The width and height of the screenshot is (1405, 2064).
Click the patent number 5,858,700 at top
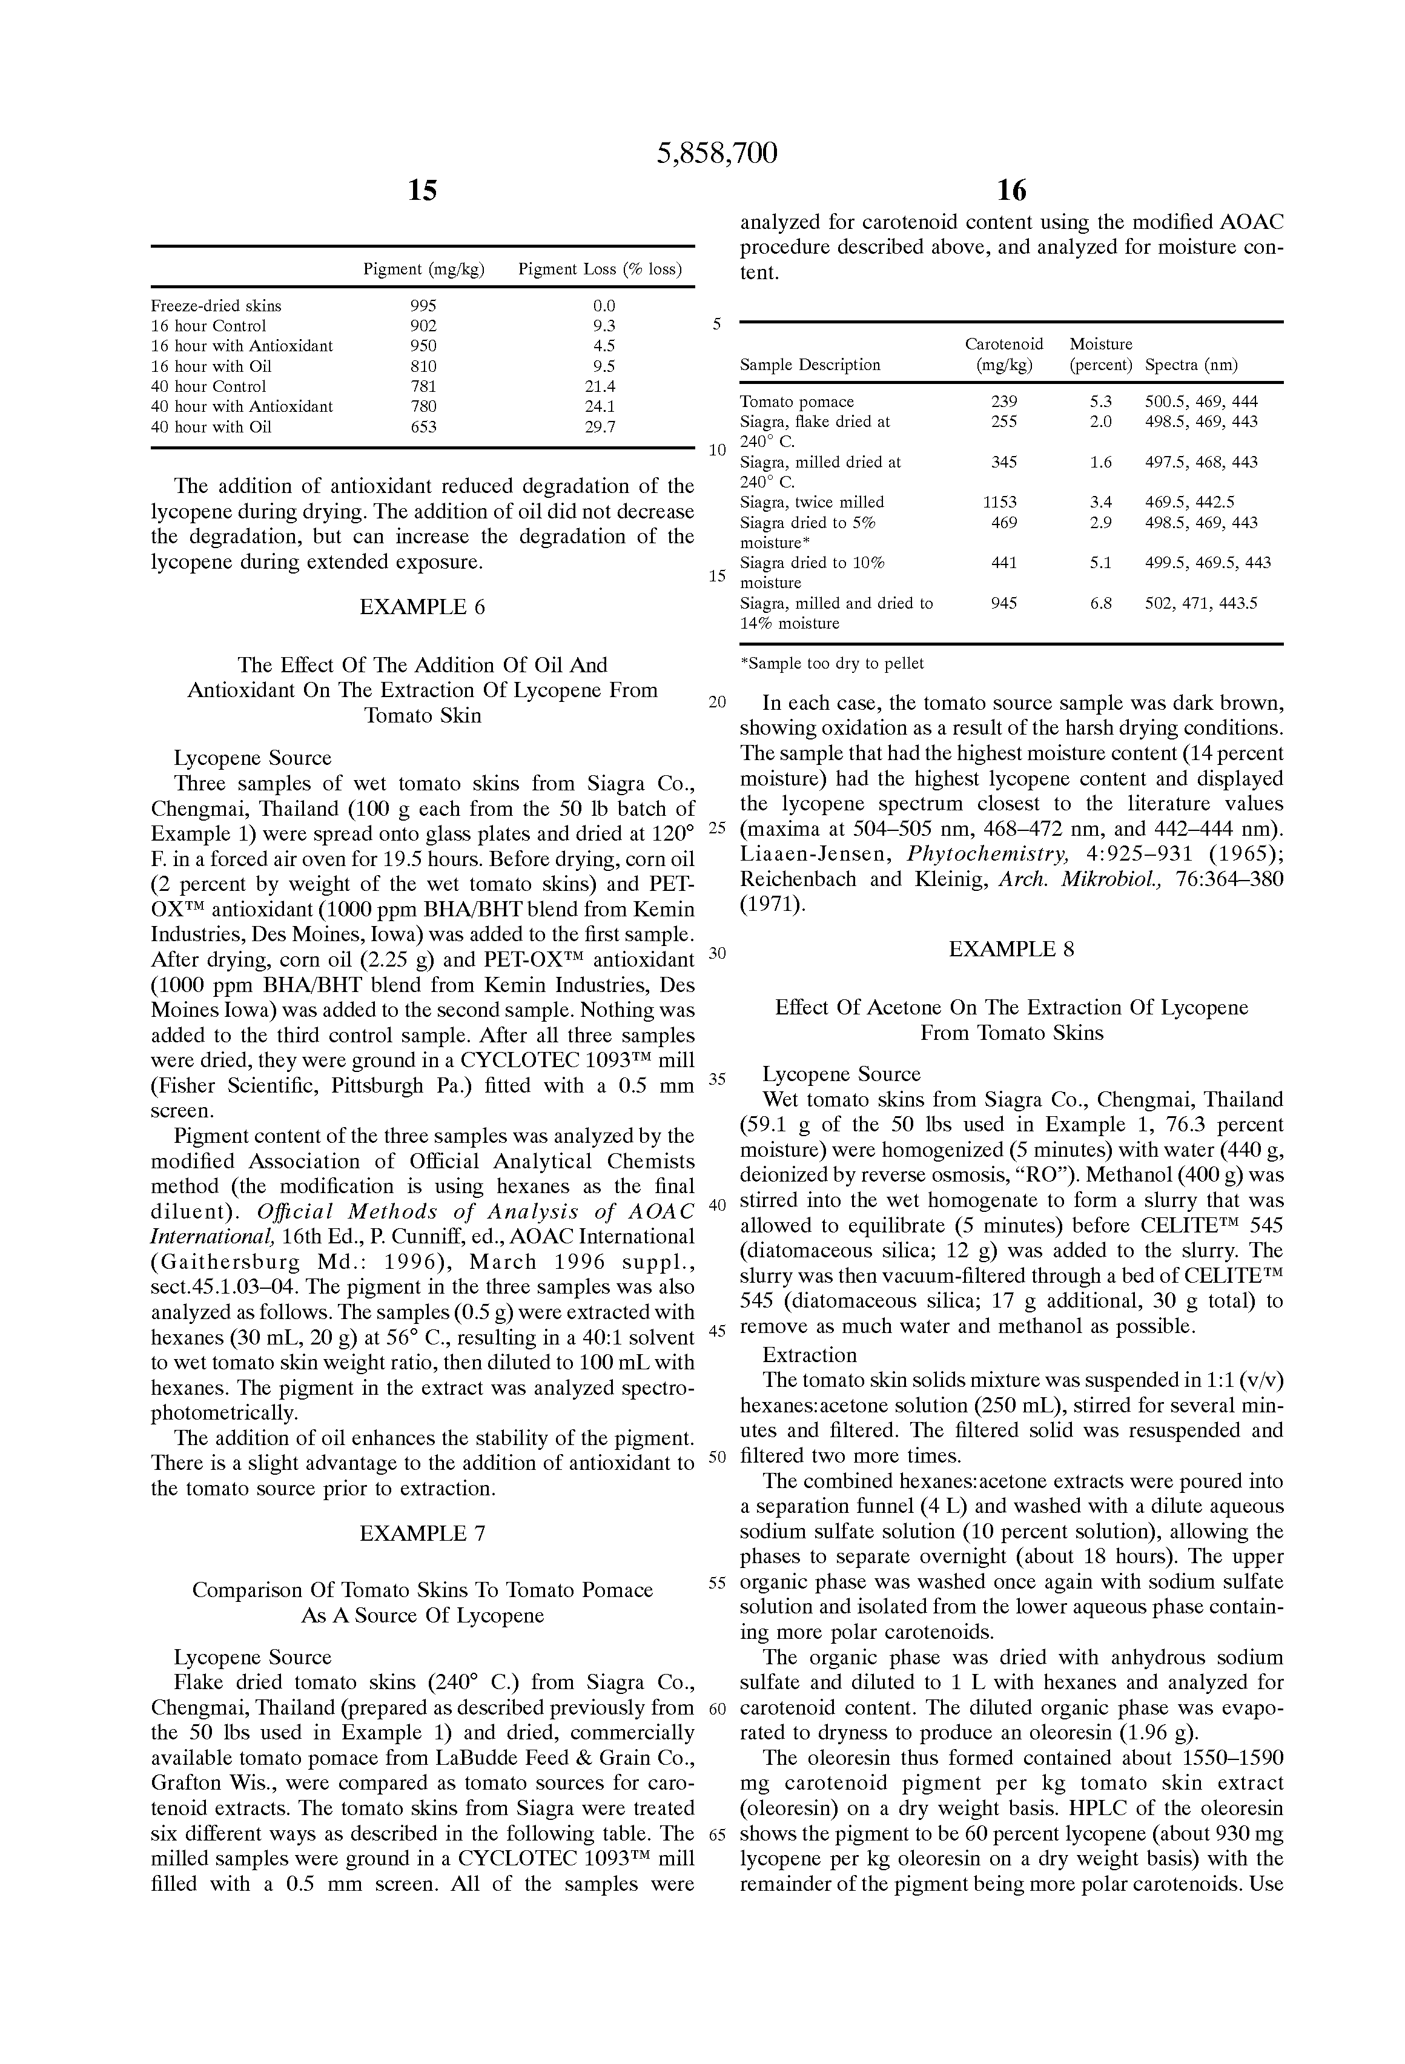coord(716,154)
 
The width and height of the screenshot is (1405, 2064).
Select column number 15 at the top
coord(422,190)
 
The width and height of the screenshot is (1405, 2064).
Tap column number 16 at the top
coord(1011,190)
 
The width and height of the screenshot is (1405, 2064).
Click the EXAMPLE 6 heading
coord(422,607)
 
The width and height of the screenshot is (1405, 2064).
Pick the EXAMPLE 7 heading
coord(422,1534)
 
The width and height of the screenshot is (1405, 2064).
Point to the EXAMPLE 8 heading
coord(1011,950)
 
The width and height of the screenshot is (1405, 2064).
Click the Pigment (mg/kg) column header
coord(424,269)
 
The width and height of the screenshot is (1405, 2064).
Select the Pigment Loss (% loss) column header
coord(600,269)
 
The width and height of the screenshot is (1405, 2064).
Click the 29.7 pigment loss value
coord(604,427)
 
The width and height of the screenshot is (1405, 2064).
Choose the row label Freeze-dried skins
coord(216,305)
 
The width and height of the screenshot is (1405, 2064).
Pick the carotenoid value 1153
coord(1003,503)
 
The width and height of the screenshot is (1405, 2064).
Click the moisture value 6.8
coord(1100,603)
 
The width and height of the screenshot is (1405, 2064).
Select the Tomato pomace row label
coord(796,402)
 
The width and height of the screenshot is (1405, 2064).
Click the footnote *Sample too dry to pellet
coord(831,663)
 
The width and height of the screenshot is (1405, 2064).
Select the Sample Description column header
coord(810,365)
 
